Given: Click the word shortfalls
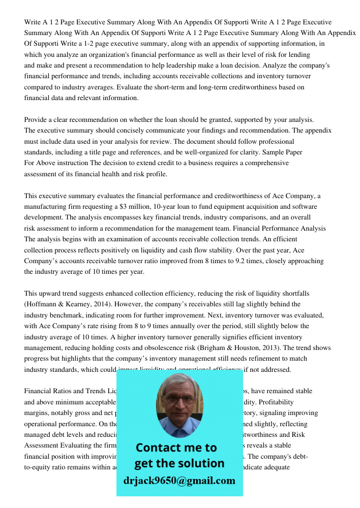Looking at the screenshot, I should click(x=291, y=294).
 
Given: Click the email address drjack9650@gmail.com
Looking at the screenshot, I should click(x=179, y=481).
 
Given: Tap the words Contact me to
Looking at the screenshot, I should click(x=176, y=448).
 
